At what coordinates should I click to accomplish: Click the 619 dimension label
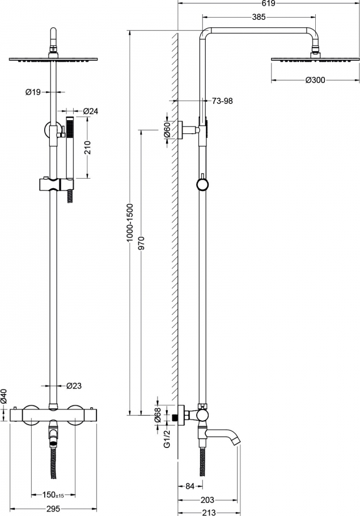[x=269, y=3]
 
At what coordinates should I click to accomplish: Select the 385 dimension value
[x=259, y=17]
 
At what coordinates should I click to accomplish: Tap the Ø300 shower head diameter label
[x=315, y=80]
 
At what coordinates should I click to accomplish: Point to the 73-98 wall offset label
[x=222, y=101]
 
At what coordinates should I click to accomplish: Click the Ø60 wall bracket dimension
[x=167, y=130]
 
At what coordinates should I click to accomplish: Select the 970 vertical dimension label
[x=141, y=243]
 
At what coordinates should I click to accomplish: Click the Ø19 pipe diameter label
[x=33, y=92]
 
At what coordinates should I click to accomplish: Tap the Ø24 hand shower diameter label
[x=91, y=111]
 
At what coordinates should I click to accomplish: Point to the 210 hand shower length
[x=87, y=147]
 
